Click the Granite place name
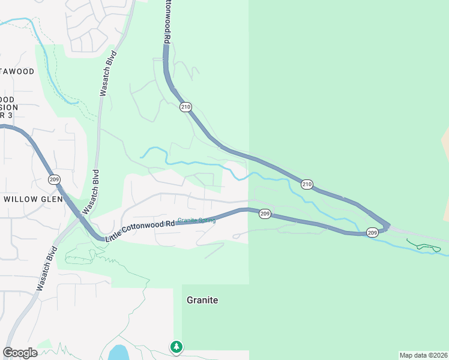click(202, 300)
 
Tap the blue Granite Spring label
click(196, 220)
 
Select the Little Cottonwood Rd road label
click(140, 229)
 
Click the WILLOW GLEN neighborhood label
click(33, 199)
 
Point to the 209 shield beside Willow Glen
click(54, 179)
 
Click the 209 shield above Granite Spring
click(266, 214)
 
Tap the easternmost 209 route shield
click(372, 232)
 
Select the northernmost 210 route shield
click(185, 107)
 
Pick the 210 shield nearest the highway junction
click(307, 184)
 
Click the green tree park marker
click(176, 346)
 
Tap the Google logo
click(20, 353)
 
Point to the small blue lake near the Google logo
click(118, 352)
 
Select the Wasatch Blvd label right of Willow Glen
click(91, 191)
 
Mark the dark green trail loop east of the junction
click(425, 246)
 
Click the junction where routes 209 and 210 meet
click(387, 227)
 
